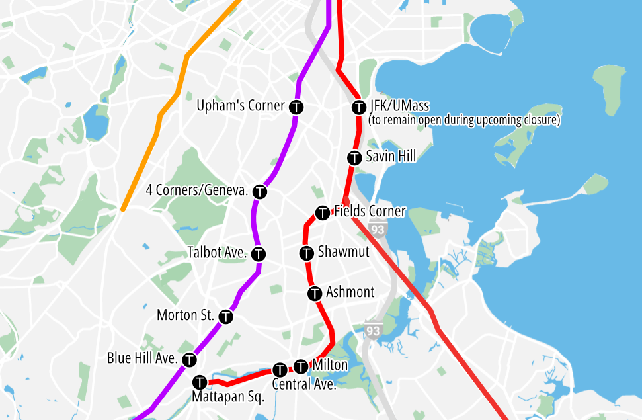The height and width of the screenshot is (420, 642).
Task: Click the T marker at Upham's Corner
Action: coord(297,106)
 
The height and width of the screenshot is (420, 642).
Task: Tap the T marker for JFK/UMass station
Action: coord(359,106)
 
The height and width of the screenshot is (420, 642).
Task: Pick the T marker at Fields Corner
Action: coord(323,213)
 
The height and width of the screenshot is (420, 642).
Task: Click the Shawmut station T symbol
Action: coord(307,253)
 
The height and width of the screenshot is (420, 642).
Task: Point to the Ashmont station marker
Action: coord(315,293)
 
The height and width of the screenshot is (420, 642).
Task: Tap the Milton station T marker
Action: coord(301,366)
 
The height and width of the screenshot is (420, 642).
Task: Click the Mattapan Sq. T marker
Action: coord(200,382)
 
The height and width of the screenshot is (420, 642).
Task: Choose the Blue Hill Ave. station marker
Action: coord(190,360)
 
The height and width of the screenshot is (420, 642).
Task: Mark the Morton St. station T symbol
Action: coord(226,317)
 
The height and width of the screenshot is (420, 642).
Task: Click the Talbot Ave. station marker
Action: coord(259,253)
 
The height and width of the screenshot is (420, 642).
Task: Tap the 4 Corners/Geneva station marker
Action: coord(260,192)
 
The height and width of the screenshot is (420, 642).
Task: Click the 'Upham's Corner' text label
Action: coord(241,106)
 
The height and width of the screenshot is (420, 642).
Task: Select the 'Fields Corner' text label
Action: coord(370,212)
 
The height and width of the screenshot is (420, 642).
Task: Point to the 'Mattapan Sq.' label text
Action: coord(228,398)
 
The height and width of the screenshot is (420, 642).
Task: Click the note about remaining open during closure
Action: coord(464,120)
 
